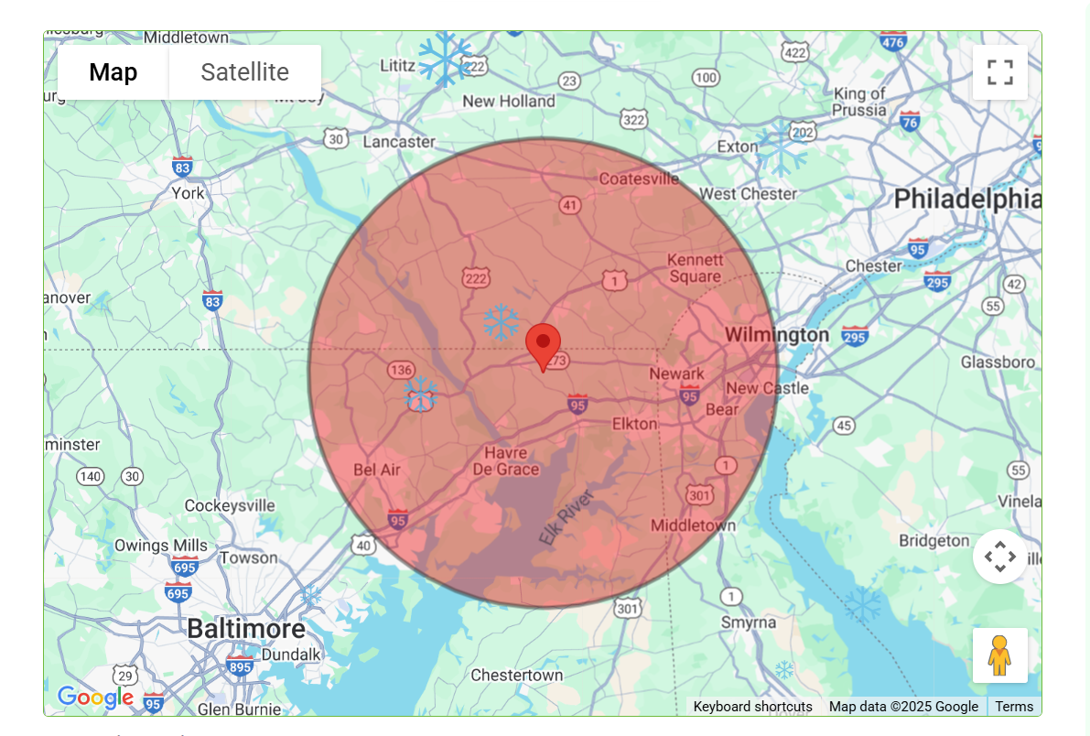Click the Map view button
point(113,72)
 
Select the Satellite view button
point(244,72)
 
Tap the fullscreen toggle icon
point(999,72)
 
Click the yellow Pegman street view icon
point(999,655)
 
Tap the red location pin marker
point(543,346)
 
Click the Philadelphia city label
point(966,199)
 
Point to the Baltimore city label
point(246,629)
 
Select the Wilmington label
point(777,335)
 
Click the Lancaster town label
point(399,142)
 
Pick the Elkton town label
point(634,424)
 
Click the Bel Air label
point(377,470)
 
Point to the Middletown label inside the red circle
point(693,525)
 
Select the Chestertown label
point(517,676)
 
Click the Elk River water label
point(567,518)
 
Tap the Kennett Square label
point(696,268)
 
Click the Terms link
point(1014,707)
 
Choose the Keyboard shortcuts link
point(752,707)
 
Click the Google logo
point(94,698)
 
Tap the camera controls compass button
point(999,557)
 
